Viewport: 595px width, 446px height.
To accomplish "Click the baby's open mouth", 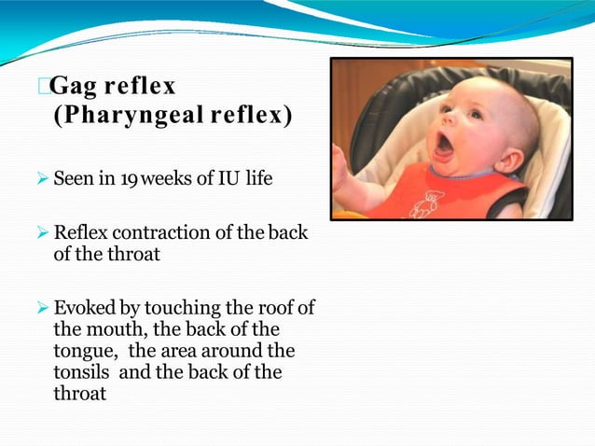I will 445,145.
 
